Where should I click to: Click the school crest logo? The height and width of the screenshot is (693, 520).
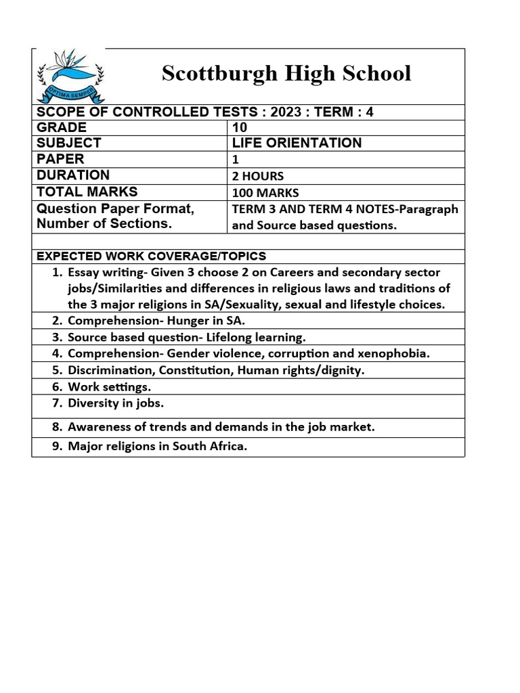point(68,75)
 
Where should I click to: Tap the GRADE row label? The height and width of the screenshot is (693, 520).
point(62,127)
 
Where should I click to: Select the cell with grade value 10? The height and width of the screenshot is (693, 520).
point(239,127)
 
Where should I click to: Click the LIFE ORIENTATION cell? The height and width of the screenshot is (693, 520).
point(297,143)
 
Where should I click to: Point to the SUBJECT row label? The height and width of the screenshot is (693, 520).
point(68,143)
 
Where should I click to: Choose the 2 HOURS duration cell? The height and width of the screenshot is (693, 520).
point(258,176)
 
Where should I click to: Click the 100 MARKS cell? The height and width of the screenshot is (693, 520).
point(265,192)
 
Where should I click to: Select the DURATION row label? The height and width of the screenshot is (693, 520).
point(72,175)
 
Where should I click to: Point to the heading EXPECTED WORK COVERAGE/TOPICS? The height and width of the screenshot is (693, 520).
point(151,256)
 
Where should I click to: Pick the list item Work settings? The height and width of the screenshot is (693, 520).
point(109,387)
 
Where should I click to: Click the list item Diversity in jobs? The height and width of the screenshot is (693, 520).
point(116,403)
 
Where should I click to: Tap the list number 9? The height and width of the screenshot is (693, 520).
point(56,447)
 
